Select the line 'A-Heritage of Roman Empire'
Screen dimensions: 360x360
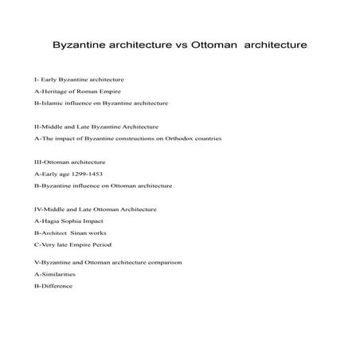(x=77, y=92)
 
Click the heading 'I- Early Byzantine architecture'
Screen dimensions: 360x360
(x=78, y=80)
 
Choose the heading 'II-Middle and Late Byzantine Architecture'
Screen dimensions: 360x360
(x=96, y=127)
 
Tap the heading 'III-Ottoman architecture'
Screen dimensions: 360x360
(x=70, y=162)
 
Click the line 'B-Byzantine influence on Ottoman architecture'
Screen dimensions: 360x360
(x=103, y=186)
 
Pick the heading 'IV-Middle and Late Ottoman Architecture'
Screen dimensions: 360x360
(x=95, y=209)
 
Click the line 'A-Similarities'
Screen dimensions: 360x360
(x=54, y=274)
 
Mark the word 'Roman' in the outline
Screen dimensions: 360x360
(x=96, y=92)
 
